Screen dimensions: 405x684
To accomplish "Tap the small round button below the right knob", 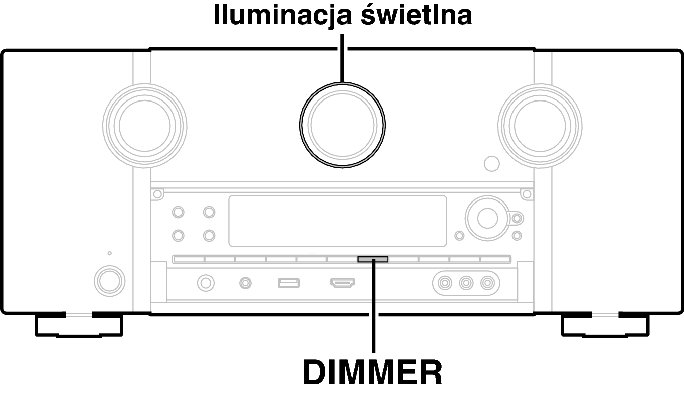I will point(491,163).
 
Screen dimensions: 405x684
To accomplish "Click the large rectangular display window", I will point(337,221).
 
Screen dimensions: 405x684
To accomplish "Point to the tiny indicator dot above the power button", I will point(110,253).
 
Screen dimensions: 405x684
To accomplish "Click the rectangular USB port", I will point(289,283).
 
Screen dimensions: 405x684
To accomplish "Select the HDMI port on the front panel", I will point(343,283).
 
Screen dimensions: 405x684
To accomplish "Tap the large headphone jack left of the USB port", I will point(205,283).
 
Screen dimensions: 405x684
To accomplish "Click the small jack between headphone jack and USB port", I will point(245,283).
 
